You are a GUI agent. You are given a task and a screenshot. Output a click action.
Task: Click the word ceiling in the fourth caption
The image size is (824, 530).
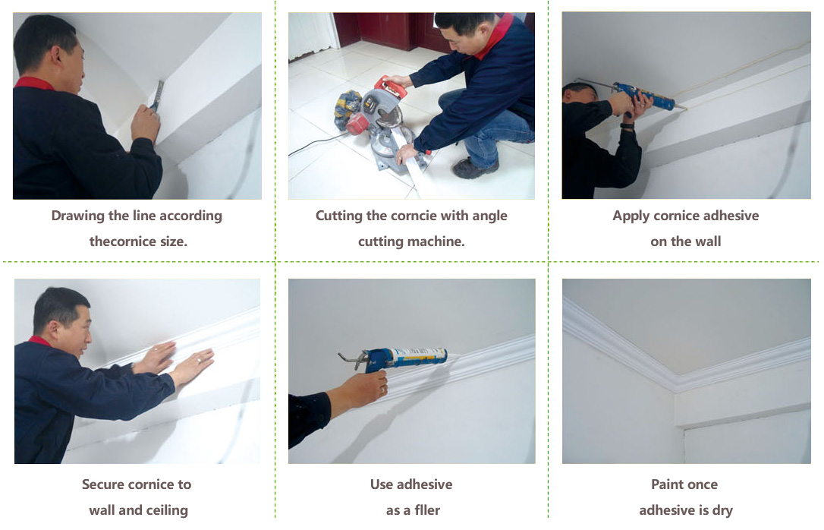coord(167,510)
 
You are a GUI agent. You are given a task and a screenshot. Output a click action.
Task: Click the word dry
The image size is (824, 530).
coord(722,510)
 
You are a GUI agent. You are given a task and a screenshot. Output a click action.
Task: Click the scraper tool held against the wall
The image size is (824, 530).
coord(156,96)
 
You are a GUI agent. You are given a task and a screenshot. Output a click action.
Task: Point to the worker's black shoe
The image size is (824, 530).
coord(475,168)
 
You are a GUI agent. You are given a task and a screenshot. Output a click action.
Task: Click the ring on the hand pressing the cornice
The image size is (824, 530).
coord(199,361)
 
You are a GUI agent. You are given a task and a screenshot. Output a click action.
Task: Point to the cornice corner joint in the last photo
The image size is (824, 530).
coord(676,381)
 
